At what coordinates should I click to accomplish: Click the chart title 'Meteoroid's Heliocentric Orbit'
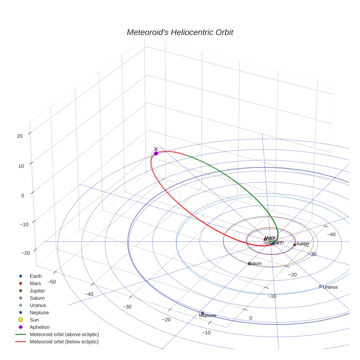[180, 32]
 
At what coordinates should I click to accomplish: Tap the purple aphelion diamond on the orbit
[156, 153]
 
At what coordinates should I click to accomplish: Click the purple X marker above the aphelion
[156, 149]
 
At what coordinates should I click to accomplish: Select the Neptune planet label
[207, 315]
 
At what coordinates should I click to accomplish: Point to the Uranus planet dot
[320, 286]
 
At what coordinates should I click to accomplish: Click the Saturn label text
[255, 263]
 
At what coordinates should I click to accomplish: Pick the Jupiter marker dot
[295, 245]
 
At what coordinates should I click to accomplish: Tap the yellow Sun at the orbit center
[270, 241]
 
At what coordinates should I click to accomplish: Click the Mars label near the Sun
[270, 238]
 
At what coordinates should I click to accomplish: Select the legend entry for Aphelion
[39, 327]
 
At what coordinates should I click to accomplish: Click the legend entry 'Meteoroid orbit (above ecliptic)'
[64, 334]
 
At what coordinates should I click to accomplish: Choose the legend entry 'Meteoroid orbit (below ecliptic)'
[64, 342]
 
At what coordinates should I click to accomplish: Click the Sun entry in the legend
[34, 320]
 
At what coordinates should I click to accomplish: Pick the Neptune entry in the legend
[39, 312]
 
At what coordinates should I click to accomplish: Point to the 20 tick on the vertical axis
[19, 136]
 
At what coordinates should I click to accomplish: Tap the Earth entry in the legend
[35, 276]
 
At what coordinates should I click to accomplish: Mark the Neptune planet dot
[203, 313]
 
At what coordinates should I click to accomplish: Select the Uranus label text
[330, 287]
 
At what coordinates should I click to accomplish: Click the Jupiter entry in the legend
[37, 290]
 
